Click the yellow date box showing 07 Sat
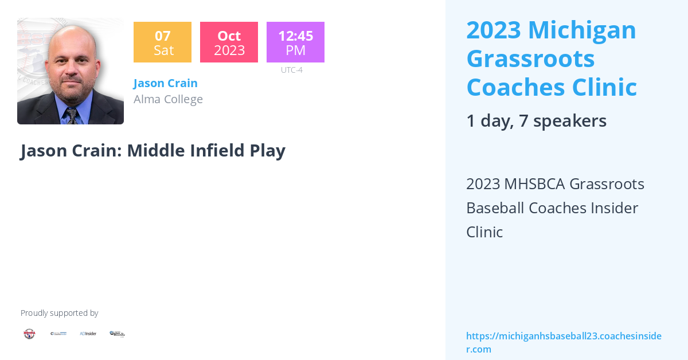click(x=162, y=42)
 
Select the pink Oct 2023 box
click(x=229, y=42)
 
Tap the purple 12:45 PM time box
click(x=295, y=42)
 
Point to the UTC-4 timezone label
click(x=291, y=70)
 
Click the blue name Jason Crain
click(x=165, y=83)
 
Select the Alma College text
click(x=168, y=99)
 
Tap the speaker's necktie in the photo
click(x=72, y=115)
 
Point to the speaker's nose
click(x=71, y=72)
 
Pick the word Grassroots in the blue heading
click(x=530, y=58)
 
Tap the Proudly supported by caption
click(x=59, y=313)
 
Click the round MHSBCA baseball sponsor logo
click(x=29, y=334)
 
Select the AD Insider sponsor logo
click(x=88, y=334)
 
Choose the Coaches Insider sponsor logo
click(x=58, y=334)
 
